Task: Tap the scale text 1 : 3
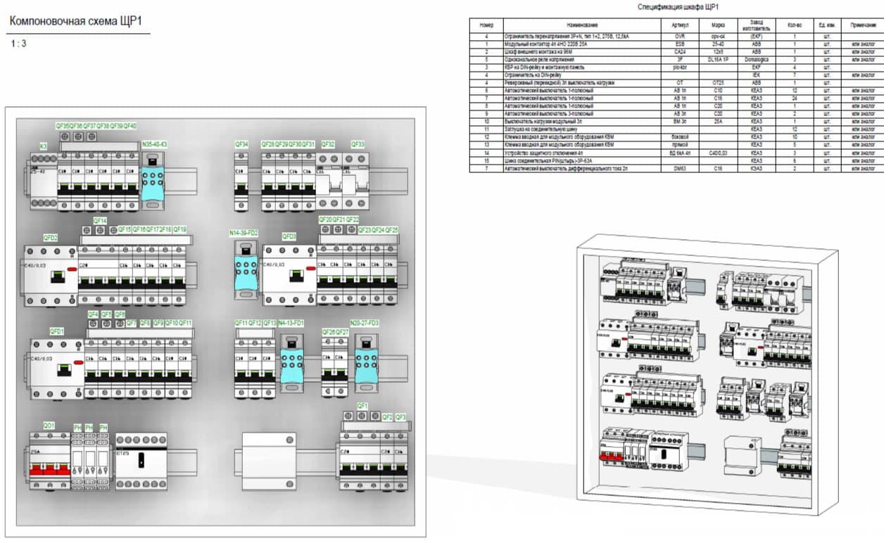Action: point(20,44)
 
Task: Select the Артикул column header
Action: point(679,25)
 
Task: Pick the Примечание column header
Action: point(862,25)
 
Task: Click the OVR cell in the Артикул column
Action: point(679,36)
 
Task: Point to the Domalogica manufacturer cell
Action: point(756,60)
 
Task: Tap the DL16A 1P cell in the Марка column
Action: point(718,60)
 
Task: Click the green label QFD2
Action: point(51,238)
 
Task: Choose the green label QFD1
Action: point(56,331)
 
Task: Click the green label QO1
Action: point(49,426)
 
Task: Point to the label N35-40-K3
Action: point(155,144)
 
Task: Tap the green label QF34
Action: point(241,144)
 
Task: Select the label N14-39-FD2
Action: point(244,233)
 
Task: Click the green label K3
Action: point(43,146)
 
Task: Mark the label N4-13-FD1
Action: point(291,323)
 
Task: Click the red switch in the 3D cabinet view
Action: point(609,458)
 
